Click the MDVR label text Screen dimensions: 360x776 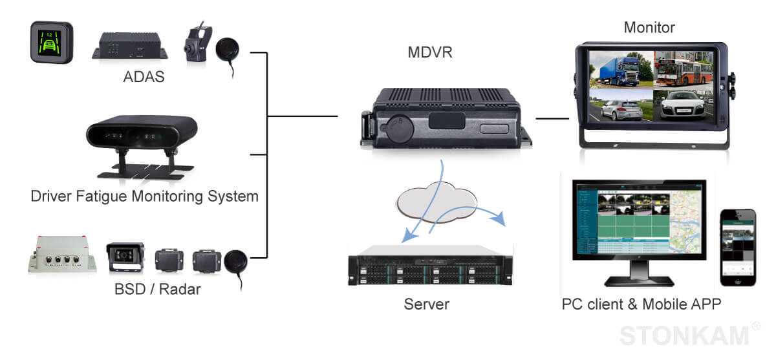point(429,52)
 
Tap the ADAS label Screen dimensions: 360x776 point(144,78)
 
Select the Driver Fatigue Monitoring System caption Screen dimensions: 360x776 point(144,196)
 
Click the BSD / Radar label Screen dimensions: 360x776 point(157,289)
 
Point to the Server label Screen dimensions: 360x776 point(426,304)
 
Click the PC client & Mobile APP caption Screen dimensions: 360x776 point(641,304)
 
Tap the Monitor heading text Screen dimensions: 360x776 point(649,27)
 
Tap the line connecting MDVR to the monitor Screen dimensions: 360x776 point(552,119)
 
